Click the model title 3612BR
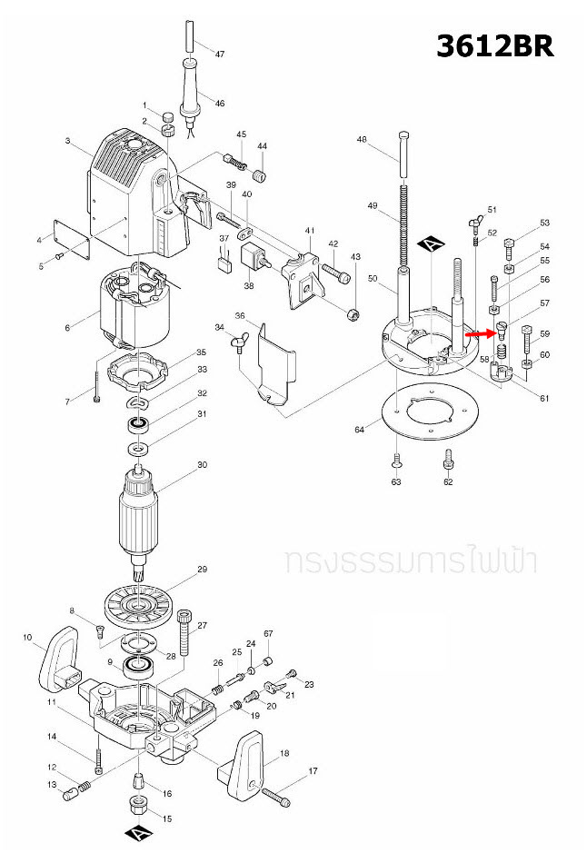click(x=494, y=46)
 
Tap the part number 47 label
click(x=219, y=55)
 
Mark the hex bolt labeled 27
click(x=186, y=635)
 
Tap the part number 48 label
click(x=362, y=140)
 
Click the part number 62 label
click(x=447, y=482)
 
